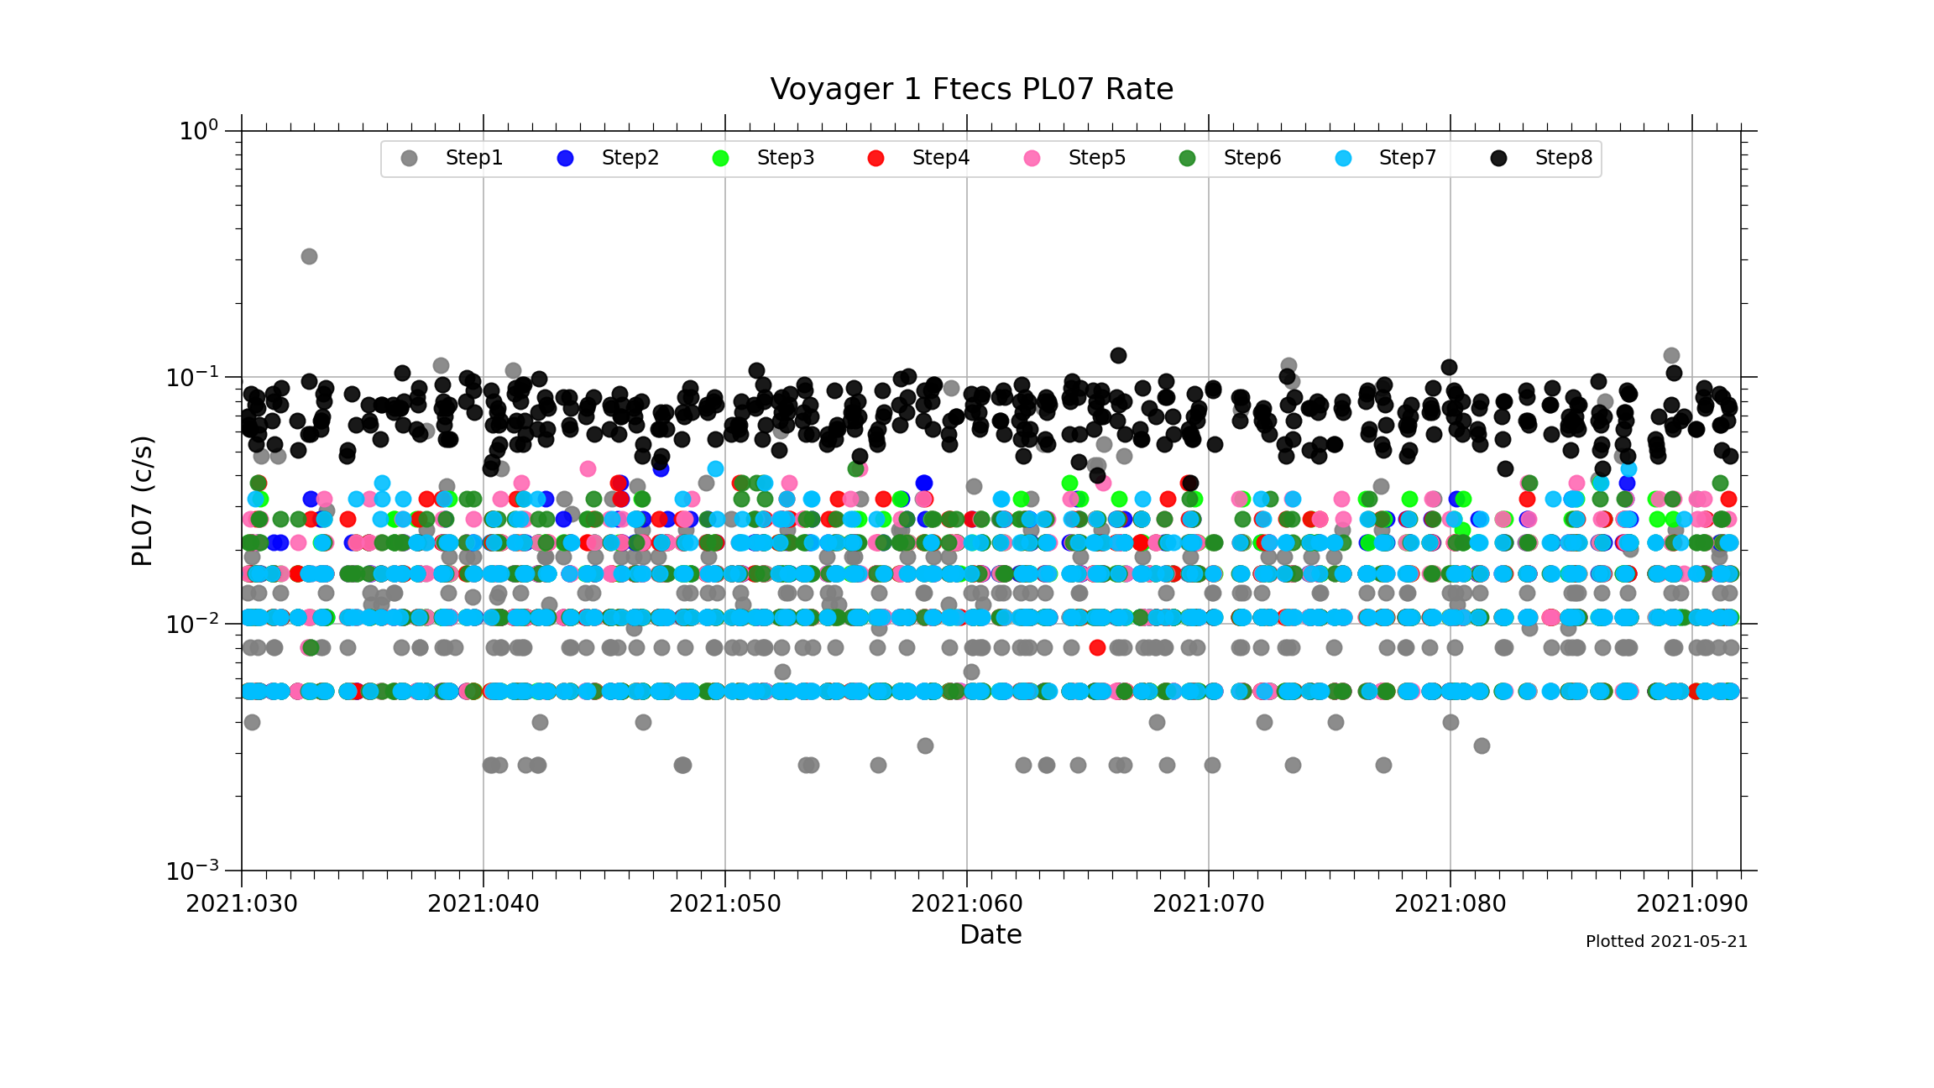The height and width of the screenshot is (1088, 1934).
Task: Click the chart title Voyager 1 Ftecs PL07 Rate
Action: [971, 89]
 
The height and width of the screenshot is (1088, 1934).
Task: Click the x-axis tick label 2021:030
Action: [242, 904]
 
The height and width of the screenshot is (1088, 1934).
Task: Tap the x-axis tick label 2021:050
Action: [725, 904]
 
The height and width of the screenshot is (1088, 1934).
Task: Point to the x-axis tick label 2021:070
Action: [1209, 904]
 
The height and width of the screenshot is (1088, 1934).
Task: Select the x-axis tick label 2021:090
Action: [1692, 904]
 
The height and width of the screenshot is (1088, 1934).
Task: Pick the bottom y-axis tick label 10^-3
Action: [193, 871]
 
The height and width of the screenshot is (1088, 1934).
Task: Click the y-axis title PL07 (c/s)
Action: [143, 501]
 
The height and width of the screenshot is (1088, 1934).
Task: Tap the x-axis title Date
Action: [991, 934]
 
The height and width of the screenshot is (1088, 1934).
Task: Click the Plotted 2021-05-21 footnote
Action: [1666, 942]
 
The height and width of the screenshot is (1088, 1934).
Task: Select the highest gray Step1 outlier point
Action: [309, 256]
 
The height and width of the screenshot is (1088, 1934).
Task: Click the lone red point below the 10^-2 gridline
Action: [1097, 647]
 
